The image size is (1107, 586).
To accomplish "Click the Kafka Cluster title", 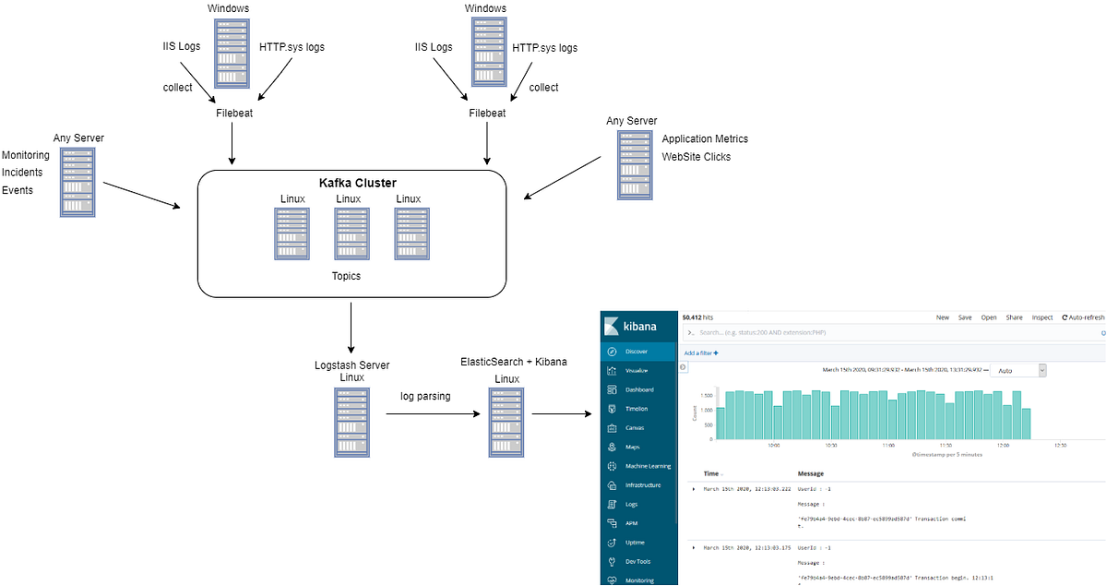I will point(351,183).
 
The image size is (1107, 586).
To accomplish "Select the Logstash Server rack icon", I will point(351,422).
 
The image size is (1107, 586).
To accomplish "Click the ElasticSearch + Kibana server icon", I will point(506,422).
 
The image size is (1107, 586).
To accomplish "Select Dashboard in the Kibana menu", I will point(638,389).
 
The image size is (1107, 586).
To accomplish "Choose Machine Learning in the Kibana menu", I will point(647,466).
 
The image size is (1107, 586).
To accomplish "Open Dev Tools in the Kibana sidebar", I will point(637,561).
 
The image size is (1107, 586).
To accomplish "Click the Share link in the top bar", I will point(1014,317).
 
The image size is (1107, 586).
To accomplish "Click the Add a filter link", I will point(701,353).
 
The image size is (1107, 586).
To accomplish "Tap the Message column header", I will point(810,473).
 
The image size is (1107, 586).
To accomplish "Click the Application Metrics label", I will point(705,138).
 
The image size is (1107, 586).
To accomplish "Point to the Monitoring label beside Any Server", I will point(26,155).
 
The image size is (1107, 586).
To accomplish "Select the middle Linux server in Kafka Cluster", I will point(351,233).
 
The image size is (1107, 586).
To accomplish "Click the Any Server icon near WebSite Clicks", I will point(634,164).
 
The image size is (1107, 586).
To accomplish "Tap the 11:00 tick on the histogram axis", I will point(887,445).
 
